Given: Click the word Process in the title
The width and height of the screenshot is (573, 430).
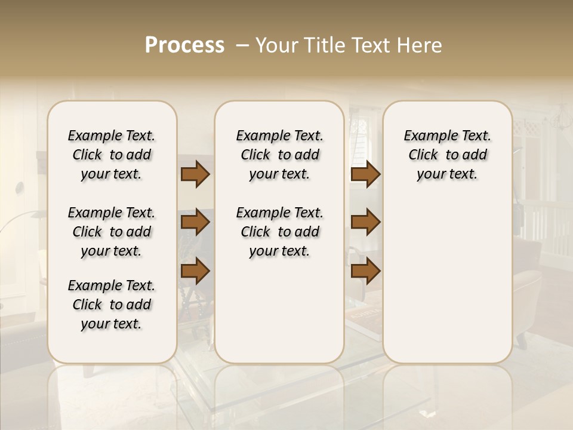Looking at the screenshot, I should [184, 45].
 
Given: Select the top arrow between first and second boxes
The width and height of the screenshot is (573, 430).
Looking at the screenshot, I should [195, 174].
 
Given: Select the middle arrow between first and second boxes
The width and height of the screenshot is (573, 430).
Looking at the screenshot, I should [195, 223].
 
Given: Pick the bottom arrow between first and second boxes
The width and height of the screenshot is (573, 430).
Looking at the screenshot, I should [195, 271].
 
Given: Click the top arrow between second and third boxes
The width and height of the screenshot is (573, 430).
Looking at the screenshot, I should [365, 174].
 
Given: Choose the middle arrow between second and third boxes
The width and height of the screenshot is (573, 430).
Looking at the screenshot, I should [365, 222].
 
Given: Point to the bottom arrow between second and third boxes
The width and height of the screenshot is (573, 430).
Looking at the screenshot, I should [365, 271].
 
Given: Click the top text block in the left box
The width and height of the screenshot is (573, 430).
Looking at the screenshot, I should [112, 155].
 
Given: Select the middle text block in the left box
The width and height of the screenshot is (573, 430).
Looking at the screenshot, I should [112, 232].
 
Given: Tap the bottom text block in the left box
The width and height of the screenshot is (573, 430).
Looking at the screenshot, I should [112, 305].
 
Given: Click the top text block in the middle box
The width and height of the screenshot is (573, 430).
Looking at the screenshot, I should [280, 155].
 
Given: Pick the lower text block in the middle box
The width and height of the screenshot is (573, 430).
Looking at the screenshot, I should [280, 232].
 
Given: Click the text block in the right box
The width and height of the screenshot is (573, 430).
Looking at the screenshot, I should [448, 155].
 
